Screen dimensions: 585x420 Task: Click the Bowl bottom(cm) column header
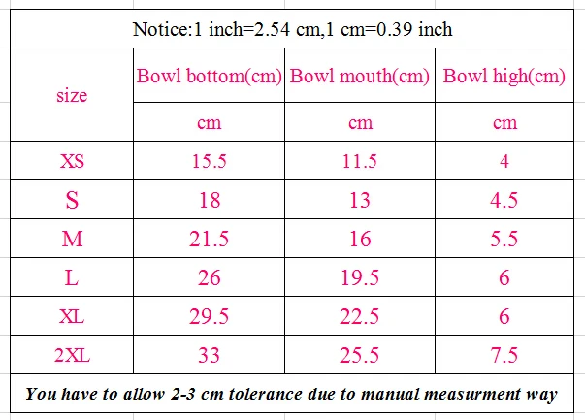pyautogui.click(x=209, y=76)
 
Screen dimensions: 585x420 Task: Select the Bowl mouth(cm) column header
pyautogui.click(x=360, y=76)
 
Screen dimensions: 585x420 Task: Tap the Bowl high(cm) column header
pyautogui.click(x=504, y=76)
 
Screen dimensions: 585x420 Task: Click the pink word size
pyautogui.click(x=72, y=95)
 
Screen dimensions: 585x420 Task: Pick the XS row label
pyautogui.click(x=72, y=161)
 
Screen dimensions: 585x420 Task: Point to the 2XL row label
pyautogui.click(x=72, y=355)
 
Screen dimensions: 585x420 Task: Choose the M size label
pyautogui.click(x=72, y=239)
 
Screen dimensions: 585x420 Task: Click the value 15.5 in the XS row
pyautogui.click(x=209, y=161)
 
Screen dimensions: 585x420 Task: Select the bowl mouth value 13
pyautogui.click(x=360, y=200)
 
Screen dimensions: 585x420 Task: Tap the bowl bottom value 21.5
pyautogui.click(x=209, y=239)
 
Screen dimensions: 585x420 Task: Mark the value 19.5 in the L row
pyautogui.click(x=360, y=277)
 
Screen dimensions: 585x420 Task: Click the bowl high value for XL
pyautogui.click(x=504, y=316)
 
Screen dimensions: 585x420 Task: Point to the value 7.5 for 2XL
pyautogui.click(x=504, y=355)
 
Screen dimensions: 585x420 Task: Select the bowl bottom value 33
pyautogui.click(x=209, y=355)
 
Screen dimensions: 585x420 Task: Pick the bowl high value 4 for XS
pyautogui.click(x=504, y=161)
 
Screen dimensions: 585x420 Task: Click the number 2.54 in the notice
pyautogui.click(x=272, y=29)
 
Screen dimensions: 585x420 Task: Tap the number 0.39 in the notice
pyautogui.click(x=394, y=29)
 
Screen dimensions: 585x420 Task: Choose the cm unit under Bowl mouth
pyautogui.click(x=360, y=123)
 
